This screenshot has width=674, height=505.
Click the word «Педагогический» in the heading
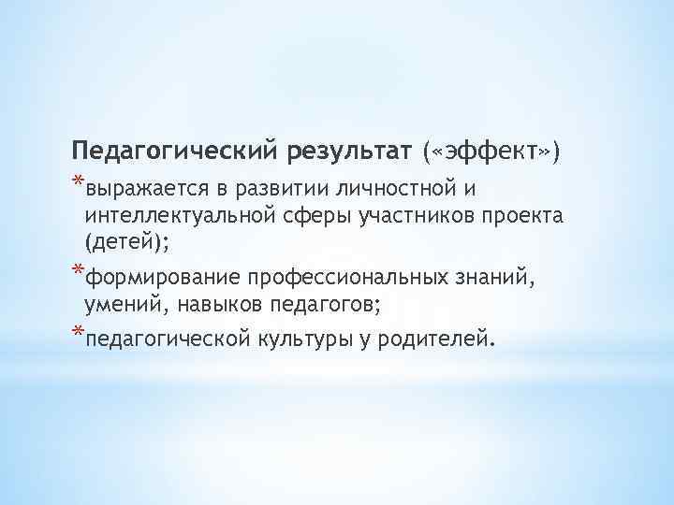[173, 150]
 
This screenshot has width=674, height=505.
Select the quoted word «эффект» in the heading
[491, 150]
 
